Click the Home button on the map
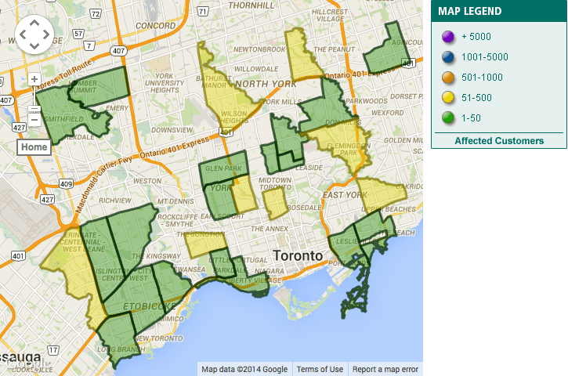click(x=34, y=147)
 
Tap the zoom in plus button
click(x=34, y=79)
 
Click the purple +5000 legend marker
click(x=447, y=36)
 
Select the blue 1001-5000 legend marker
click(x=447, y=56)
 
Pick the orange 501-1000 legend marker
click(x=447, y=77)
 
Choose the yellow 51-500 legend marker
click(x=447, y=97)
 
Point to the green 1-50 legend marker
click(x=447, y=117)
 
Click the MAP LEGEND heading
click(x=469, y=11)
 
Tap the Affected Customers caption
click(x=499, y=141)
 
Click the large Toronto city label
click(x=297, y=255)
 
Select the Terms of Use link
click(x=320, y=370)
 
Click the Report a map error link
click(x=385, y=370)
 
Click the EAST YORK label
click(x=344, y=194)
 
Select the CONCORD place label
click(x=154, y=25)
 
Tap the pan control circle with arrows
click(x=34, y=34)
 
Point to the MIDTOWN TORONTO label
click(x=276, y=183)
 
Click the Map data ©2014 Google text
click(x=244, y=370)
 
